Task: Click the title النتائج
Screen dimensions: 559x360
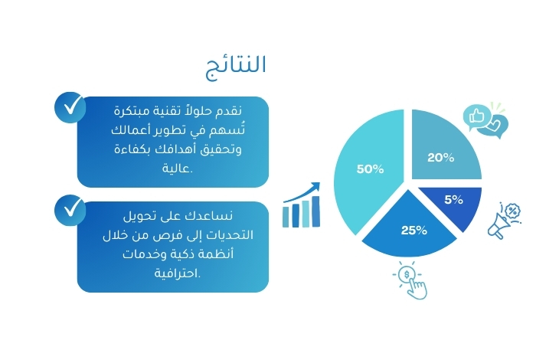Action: coord(236,67)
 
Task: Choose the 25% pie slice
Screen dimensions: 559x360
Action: coord(410,228)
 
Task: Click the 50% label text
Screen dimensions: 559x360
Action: coord(370,169)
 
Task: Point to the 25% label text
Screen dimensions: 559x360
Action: coord(414,231)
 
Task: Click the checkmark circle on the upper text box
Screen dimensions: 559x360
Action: coord(70,108)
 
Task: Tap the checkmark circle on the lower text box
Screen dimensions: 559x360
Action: coord(70,211)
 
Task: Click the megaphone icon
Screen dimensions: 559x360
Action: coord(504,221)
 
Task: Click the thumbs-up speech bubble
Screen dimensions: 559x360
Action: coord(477,116)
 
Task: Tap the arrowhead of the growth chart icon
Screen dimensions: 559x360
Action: coord(315,186)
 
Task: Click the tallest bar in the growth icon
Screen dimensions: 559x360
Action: coord(315,211)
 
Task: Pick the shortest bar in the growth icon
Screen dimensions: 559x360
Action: coord(286,217)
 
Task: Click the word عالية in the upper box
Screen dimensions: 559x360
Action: coord(176,168)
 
